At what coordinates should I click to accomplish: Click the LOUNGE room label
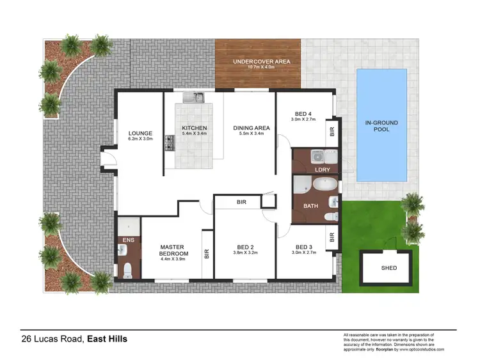(x=140, y=133)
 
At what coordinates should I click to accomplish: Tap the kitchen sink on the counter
(x=192, y=98)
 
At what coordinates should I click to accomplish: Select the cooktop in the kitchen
(x=170, y=143)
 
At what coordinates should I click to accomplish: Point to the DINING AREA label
(x=251, y=128)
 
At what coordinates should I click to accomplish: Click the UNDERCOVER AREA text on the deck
(x=262, y=61)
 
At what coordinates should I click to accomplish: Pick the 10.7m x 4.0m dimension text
(x=261, y=68)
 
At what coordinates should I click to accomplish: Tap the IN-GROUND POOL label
(x=381, y=125)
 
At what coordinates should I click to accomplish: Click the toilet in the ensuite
(x=127, y=269)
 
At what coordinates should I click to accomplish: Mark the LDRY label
(x=321, y=169)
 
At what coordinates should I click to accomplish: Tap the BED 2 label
(x=244, y=246)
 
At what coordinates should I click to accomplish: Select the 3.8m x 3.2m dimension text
(x=244, y=253)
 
